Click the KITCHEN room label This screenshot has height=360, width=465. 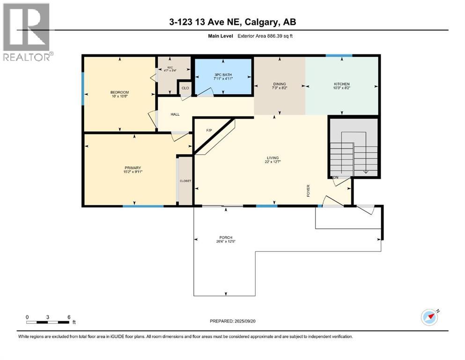tap(341, 84)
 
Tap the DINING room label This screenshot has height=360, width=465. tap(279, 84)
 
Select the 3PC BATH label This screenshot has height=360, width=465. tap(223, 75)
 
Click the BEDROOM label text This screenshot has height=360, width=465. tap(119, 92)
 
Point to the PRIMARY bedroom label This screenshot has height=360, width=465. tap(133, 168)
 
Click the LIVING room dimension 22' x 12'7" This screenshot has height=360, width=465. tap(273, 162)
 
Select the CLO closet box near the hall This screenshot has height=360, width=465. tap(185, 88)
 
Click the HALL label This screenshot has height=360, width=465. tap(175, 114)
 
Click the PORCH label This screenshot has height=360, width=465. tap(228, 237)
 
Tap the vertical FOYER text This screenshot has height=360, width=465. tap(309, 190)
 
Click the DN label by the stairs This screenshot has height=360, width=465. tap(335, 178)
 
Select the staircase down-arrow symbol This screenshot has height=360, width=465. tap(366, 172)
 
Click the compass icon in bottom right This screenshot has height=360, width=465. tap(429, 317)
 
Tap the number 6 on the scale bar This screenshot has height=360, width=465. tap(69, 317)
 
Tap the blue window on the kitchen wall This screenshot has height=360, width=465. tap(339, 56)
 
